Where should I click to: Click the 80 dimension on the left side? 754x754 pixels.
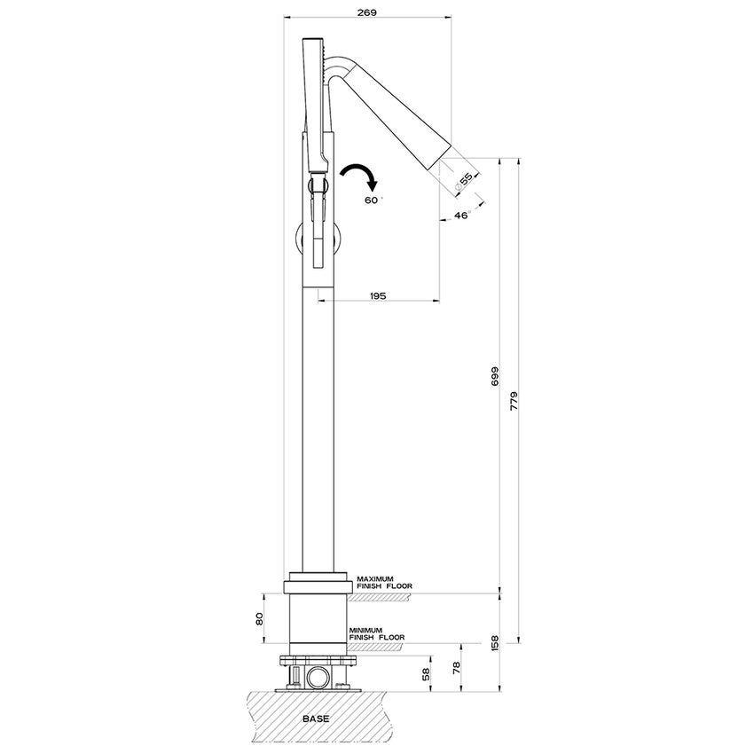tap(260, 618)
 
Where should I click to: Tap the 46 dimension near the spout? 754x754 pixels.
tap(459, 216)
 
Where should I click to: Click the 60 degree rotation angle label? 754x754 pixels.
tap(372, 200)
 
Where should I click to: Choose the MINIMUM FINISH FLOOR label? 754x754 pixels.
tap(376, 633)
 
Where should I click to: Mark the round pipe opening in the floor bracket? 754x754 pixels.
tap(317, 679)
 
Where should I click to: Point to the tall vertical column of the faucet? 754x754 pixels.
tap(317, 426)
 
